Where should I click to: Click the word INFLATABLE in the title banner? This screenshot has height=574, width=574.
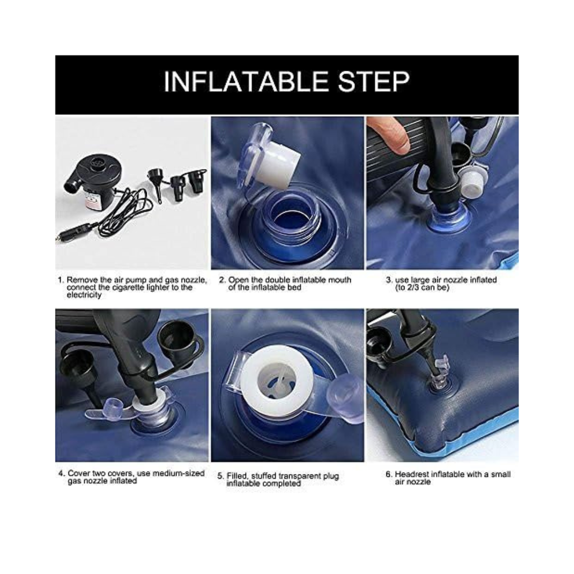(246, 82)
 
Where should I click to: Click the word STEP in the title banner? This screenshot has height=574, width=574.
(373, 82)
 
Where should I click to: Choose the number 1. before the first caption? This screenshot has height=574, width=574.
(61, 280)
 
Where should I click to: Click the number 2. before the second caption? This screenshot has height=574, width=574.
(222, 280)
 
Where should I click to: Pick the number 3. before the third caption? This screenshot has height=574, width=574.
(390, 280)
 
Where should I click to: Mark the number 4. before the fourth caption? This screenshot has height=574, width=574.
(62, 473)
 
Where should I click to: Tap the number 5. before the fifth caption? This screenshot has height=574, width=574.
(220, 476)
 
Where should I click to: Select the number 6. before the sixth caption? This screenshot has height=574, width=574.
(389, 474)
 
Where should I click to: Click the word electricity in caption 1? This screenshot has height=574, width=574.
(84, 295)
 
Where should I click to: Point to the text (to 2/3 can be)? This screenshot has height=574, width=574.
(422, 288)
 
